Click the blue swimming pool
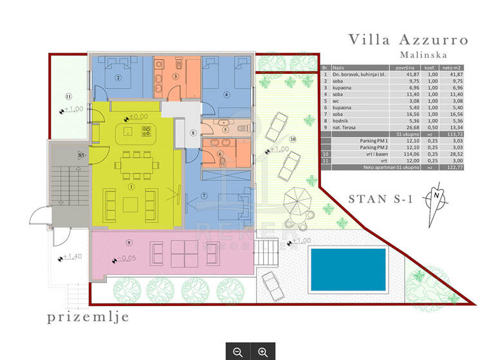click(348, 269)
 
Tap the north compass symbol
click(437, 195)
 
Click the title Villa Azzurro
click(408, 40)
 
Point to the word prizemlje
click(88, 316)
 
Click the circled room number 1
click(131, 187)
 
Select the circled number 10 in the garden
click(293, 139)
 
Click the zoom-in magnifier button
click(262, 352)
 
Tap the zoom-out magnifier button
click(238, 352)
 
